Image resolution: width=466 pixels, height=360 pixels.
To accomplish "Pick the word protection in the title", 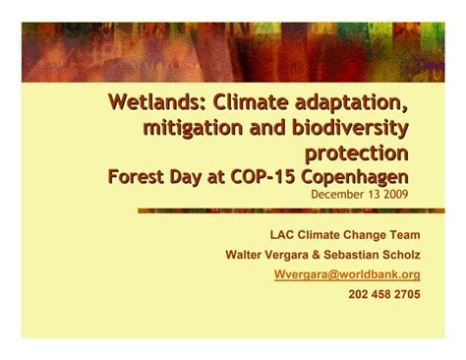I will tap(356, 152).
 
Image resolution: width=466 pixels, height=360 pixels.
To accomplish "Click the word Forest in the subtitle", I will tap(140, 176).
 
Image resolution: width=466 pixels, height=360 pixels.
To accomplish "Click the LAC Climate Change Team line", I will tap(345, 235).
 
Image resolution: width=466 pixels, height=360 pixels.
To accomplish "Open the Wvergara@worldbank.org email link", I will tap(347, 274).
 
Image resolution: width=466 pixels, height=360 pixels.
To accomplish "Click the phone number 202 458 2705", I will tap(384, 294).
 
